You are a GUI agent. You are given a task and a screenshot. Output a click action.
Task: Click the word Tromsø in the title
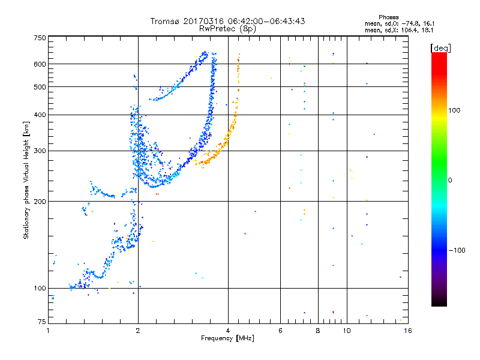click(165, 21)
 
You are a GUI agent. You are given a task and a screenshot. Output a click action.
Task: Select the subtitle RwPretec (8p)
click(227, 29)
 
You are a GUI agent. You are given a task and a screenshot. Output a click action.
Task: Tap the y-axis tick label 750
click(40, 38)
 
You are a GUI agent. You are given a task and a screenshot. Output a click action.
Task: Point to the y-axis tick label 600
click(40, 64)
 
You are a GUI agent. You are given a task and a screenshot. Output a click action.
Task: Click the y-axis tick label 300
click(40, 151)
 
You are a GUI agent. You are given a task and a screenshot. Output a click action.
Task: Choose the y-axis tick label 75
click(42, 321)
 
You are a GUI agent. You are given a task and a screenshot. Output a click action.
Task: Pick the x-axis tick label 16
click(408, 331)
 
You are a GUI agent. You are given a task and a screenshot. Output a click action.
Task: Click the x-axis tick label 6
click(280, 331)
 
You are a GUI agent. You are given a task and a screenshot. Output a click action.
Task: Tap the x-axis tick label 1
click(49, 331)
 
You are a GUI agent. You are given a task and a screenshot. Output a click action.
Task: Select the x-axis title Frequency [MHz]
click(227, 338)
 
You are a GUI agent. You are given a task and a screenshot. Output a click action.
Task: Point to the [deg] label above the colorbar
click(440, 48)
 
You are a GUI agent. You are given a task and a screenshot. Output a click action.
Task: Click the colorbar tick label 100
click(454, 110)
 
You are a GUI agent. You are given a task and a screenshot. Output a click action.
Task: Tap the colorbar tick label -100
click(457, 250)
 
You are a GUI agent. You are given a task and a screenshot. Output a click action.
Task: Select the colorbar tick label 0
click(450, 181)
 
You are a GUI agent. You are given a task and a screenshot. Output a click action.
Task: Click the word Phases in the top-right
click(388, 17)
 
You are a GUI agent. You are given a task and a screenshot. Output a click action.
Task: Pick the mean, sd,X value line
click(399, 30)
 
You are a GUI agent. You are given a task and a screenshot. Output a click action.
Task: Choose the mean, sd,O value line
click(400, 23)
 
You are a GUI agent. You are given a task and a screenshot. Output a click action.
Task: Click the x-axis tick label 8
click(318, 331)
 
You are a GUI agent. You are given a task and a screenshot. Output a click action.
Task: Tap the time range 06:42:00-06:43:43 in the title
click(266, 21)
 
